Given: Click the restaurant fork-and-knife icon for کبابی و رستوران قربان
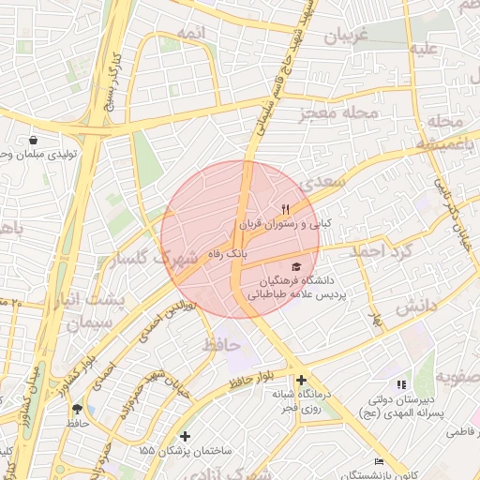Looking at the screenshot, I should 285,209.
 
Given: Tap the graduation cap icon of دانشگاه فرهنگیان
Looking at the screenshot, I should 296,267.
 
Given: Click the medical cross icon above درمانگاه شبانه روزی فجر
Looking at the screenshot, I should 301,380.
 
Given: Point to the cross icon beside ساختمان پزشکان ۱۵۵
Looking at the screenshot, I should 186,436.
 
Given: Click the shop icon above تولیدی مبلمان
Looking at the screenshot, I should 34,139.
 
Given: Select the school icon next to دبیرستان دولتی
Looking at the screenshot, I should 401,384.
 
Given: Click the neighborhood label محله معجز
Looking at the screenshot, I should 338,114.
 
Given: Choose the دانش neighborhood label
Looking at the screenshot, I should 415,306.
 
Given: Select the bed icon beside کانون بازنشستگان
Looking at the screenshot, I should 379,461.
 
